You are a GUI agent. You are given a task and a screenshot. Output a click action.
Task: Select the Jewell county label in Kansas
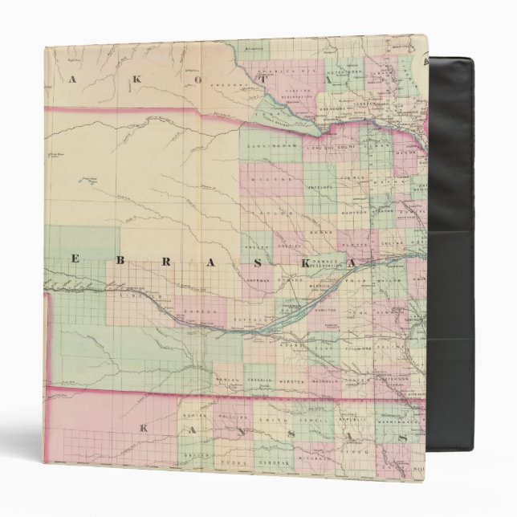pos(320,418)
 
